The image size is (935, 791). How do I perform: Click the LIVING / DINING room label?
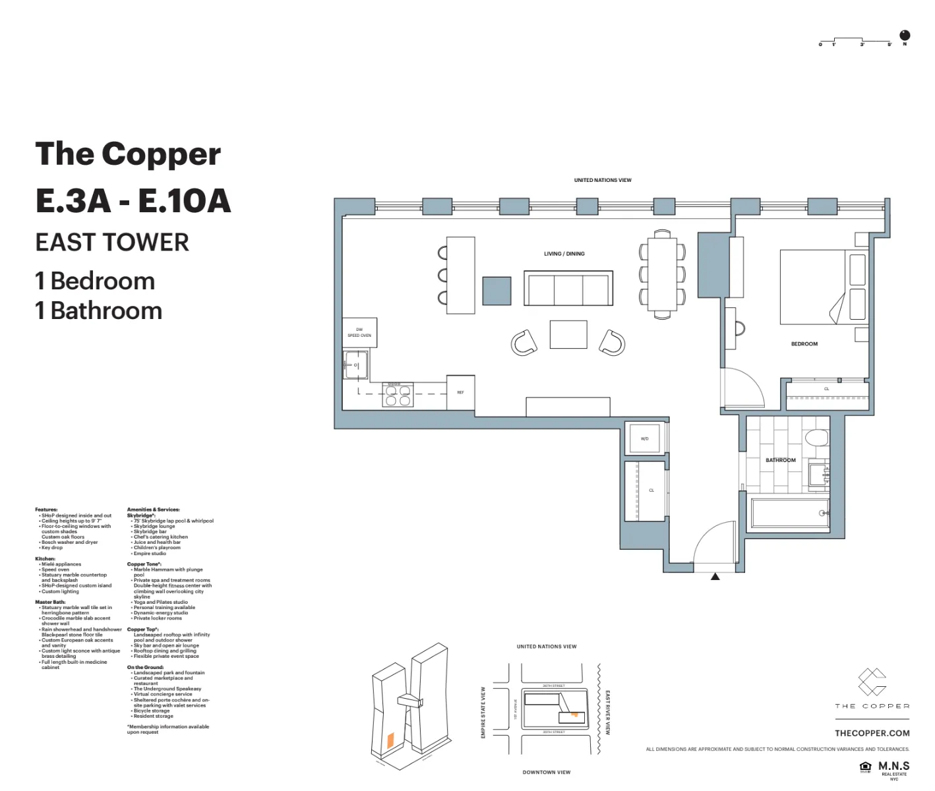(x=564, y=254)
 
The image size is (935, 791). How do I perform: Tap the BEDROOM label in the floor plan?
(x=804, y=344)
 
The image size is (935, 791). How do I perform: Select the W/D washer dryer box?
(x=644, y=438)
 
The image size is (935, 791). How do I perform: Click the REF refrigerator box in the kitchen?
(x=460, y=393)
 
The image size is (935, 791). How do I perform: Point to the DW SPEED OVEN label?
(x=359, y=333)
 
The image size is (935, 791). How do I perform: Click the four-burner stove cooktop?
(x=398, y=394)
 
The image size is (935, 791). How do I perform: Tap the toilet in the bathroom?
(x=816, y=438)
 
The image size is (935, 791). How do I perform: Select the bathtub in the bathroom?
(x=789, y=514)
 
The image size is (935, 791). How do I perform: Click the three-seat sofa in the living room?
(x=568, y=288)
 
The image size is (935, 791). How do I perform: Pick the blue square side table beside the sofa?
(x=497, y=291)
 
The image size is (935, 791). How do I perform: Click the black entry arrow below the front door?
(x=715, y=577)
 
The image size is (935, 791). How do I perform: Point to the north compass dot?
(x=905, y=35)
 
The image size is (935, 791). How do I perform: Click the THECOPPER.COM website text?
(x=872, y=733)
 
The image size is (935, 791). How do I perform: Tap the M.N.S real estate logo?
(x=893, y=767)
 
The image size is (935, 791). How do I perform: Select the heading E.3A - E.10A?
(x=133, y=201)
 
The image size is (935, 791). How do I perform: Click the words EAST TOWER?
(x=112, y=243)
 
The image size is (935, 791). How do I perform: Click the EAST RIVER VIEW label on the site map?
(x=607, y=712)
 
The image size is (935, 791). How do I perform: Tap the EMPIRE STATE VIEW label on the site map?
(x=483, y=712)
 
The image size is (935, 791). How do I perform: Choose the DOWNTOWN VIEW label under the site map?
(x=546, y=772)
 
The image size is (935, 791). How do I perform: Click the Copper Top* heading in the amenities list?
(x=142, y=630)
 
